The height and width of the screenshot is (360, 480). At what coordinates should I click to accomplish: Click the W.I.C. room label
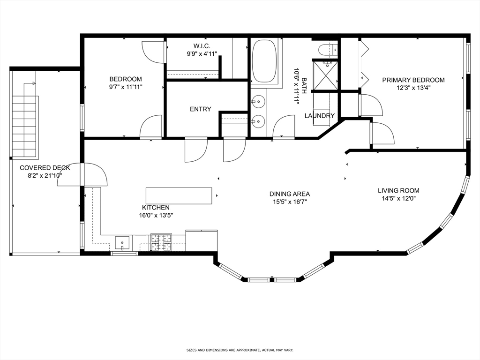pos(202,46)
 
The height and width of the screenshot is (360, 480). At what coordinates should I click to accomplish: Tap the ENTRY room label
pos(201,109)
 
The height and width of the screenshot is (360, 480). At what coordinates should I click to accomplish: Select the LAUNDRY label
pos(320,116)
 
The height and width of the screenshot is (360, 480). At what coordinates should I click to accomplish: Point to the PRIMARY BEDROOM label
pos(413,80)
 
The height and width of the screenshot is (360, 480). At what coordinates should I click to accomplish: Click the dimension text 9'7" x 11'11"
pos(126,87)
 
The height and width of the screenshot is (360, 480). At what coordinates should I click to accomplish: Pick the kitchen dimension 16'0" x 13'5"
pos(156,215)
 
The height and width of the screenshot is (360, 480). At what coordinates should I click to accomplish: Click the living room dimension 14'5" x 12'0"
pos(398,198)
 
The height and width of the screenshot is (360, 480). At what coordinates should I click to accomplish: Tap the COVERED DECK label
pos(45,168)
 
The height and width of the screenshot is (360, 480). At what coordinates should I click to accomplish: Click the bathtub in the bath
pos(264,61)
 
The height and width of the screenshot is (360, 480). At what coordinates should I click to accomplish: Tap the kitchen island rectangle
pos(179,196)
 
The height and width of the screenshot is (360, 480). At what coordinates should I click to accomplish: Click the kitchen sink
pos(122,243)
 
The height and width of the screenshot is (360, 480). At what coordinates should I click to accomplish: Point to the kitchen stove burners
pos(161,242)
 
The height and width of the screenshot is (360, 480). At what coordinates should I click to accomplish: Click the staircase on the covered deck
pos(24,127)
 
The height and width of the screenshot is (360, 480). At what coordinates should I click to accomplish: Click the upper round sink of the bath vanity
pos(259,101)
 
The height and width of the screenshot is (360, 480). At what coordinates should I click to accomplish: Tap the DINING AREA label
pos(290,194)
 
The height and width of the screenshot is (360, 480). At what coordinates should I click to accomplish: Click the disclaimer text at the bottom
pos(240,350)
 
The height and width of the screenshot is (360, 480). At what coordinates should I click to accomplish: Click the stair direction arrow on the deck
pos(30,83)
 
